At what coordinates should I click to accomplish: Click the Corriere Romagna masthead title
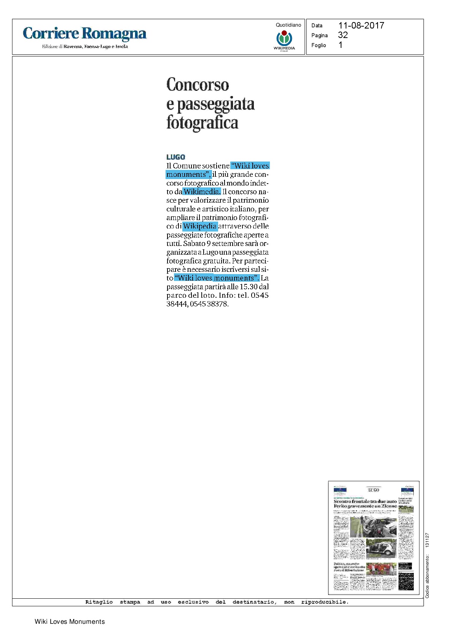click(85, 34)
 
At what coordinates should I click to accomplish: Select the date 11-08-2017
click(361, 25)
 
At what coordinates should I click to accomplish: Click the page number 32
click(343, 35)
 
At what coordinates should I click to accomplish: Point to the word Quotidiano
click(288, 25)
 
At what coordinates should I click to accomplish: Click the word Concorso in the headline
click(198, 84)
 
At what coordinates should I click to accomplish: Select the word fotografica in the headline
click(202, 122)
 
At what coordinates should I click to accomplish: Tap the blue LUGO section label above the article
click(175, 157)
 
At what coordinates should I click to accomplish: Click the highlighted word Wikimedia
click(202, 192)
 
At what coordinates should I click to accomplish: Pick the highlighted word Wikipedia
click(200, 226)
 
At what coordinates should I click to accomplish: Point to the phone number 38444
click(177, 304)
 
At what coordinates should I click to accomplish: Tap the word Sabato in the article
click(194, 243)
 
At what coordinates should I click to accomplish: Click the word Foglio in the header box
click(319, 45)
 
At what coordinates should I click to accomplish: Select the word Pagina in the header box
click(319, 35)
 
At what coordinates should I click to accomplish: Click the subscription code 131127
click(427, 540)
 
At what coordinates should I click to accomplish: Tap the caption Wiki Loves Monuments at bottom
click(70, 622)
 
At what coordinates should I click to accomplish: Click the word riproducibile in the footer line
click(325, 602)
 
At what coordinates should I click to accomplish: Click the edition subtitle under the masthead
click(85, 46)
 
